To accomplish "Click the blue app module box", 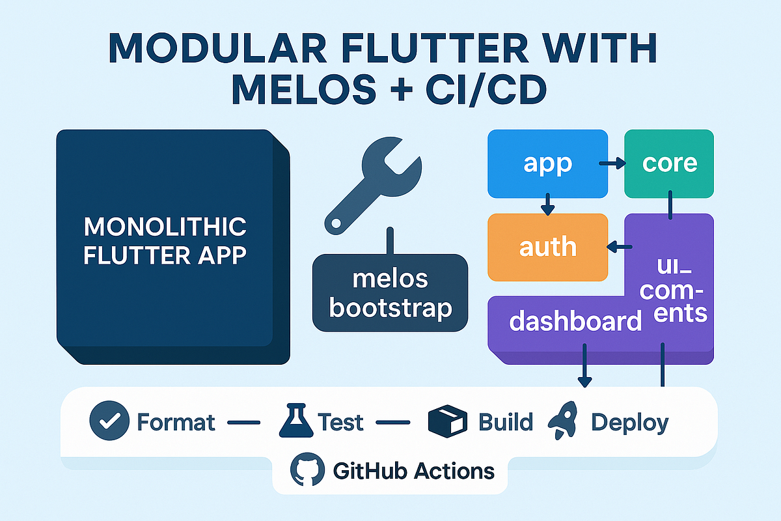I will tap(547, 163).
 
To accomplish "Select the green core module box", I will tap(669, 163).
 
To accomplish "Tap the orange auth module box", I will tap(547, 247).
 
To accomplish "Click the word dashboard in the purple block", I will tap(575, 321).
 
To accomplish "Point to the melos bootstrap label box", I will tap(390, 293).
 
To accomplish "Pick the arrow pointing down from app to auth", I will tap(547, 204).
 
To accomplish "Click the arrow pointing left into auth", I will tap(619, 247).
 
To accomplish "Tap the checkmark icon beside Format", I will tap(105, 423).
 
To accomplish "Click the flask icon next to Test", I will tap(295, 421).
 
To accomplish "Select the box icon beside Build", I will tap(448, 422).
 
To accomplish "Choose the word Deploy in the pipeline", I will tap(629, 423).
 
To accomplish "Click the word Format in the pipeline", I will tap(176, 423).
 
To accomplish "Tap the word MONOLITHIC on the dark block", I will tap(165, 227).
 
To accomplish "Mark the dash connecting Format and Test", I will tap(243, 423).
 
